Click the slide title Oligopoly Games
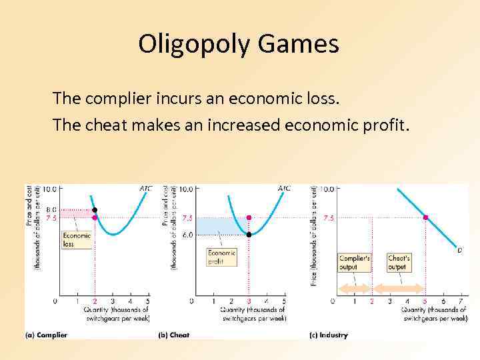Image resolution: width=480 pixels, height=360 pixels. tap(239, 45)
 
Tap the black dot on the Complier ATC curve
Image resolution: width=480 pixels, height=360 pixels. tap(95, 209)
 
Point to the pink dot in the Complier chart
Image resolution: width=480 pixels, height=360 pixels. tap(95, 217)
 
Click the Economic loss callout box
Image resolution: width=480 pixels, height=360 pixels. tap(77, 239)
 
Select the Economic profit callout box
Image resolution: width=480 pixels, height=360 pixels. tap(222, 257)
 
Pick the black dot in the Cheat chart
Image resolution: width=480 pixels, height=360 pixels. tap(249, 235)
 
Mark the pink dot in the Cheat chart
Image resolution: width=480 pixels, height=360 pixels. tap(249, 217)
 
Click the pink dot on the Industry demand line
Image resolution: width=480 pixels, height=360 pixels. tap(425, 217)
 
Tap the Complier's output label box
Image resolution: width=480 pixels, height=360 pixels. tap(355, 263)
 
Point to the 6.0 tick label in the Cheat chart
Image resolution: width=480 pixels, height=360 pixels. tap(187, 235)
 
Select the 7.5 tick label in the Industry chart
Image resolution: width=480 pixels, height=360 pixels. tap(328, 217)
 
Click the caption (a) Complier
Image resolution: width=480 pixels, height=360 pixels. tap(46, 335)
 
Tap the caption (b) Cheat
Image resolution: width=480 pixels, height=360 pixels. tap(175, 335)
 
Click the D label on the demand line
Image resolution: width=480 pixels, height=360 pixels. tap(459, 250)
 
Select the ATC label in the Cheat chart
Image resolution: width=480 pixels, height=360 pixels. tap(283, 189)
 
